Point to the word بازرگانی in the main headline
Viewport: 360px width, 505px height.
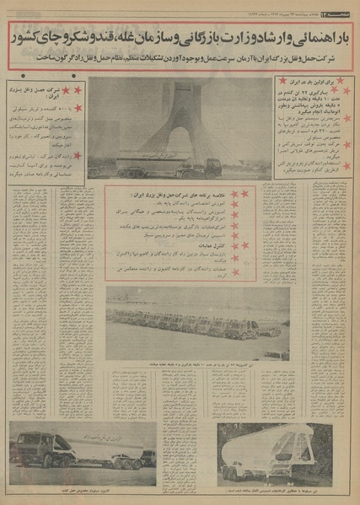217,36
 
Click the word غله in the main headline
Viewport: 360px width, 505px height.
128,36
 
